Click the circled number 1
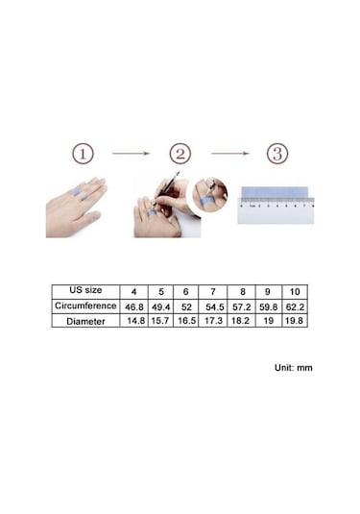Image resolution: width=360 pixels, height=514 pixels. click(84, 154)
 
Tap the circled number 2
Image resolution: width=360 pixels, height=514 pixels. click(180, 154)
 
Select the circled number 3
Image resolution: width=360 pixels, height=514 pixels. click(276, 154)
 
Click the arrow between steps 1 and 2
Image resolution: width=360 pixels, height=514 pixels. click(132, 154)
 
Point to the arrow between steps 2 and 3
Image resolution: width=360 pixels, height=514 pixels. click(229, 154)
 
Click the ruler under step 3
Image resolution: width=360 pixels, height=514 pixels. click(276, 204)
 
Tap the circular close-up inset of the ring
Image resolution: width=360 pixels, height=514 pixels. click(212, 193)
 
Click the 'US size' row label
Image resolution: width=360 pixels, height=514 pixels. click(84, 290)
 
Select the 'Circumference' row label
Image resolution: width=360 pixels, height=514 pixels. click(84, 305)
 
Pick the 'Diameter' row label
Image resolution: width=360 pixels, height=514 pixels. click(84, 320)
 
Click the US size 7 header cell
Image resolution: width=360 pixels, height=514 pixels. click(214, 290)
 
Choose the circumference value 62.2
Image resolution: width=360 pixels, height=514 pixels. click(295, 305)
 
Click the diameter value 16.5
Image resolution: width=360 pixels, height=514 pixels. click(187, 320)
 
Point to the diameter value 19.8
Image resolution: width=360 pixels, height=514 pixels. click(295, 320)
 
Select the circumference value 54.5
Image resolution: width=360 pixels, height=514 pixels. click(214, 305)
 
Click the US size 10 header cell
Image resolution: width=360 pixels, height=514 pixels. click(295, 290)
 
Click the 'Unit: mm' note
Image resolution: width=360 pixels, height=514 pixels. click(293, 367)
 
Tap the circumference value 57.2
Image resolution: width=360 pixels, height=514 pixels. click(241, 305)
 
